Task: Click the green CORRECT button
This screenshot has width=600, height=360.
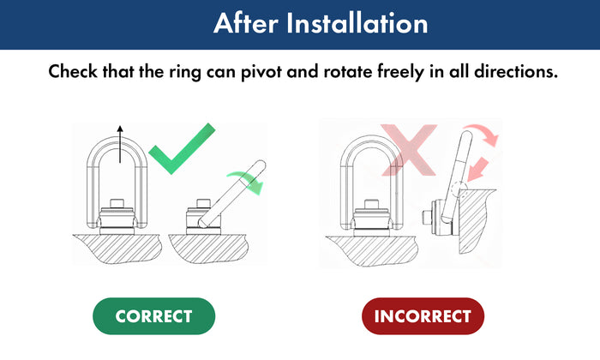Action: [153, 316]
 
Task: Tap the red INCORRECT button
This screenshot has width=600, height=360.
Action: [423, 316]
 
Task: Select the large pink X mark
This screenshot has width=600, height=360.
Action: [409, 150]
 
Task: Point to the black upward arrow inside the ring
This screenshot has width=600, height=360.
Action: [120, 144]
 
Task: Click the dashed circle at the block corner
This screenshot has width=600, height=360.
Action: [459, 189]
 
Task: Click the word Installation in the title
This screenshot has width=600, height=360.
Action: [357, 23]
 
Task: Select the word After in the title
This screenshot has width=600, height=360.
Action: [246, 23]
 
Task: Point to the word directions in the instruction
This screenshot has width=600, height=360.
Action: [516, 71]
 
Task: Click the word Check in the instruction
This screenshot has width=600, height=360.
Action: [73, 71]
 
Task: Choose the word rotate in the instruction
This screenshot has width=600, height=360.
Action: [348, 72]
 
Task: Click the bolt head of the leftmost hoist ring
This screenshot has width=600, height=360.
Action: [117, 203]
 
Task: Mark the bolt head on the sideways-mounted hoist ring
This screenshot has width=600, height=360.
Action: [425, 218]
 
